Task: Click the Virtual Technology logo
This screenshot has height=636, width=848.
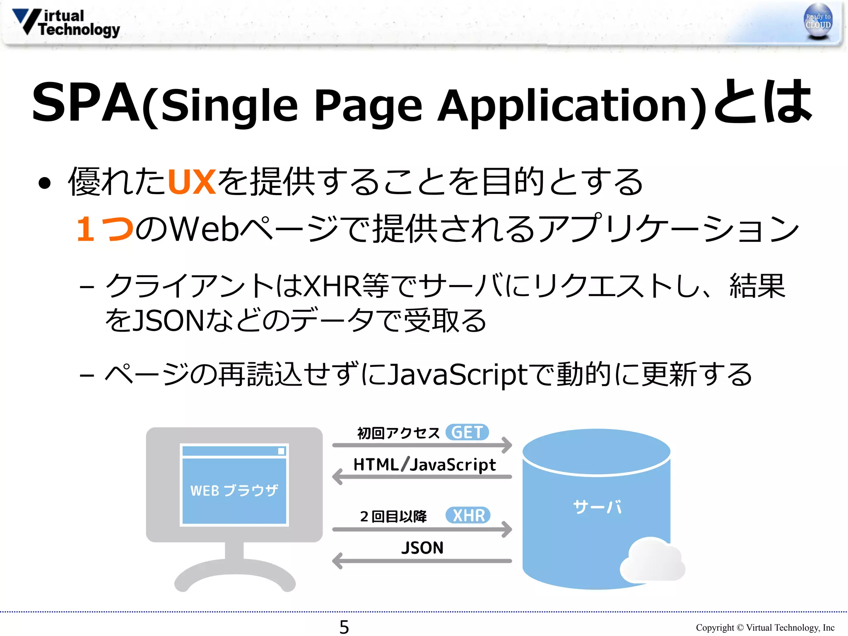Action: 66,23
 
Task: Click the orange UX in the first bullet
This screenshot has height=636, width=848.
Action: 191,182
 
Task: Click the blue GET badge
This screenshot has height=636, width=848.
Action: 467,433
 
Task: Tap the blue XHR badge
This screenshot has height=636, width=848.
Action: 468,516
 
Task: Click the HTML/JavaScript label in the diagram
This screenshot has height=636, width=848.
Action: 424,465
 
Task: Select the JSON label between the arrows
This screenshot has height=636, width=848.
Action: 422,548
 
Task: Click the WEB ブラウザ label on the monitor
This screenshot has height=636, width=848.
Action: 234,491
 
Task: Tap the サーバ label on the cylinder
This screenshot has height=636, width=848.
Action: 597,507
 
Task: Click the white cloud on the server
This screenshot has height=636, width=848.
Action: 652,560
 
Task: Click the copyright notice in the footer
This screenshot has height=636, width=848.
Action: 765,628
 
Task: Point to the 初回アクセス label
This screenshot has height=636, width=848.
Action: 398,433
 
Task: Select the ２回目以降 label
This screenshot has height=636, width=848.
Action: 393,516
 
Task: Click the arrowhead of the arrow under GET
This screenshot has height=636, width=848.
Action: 507,445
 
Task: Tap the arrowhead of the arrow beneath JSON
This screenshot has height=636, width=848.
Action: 337,561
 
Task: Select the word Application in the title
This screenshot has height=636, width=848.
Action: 571,106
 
